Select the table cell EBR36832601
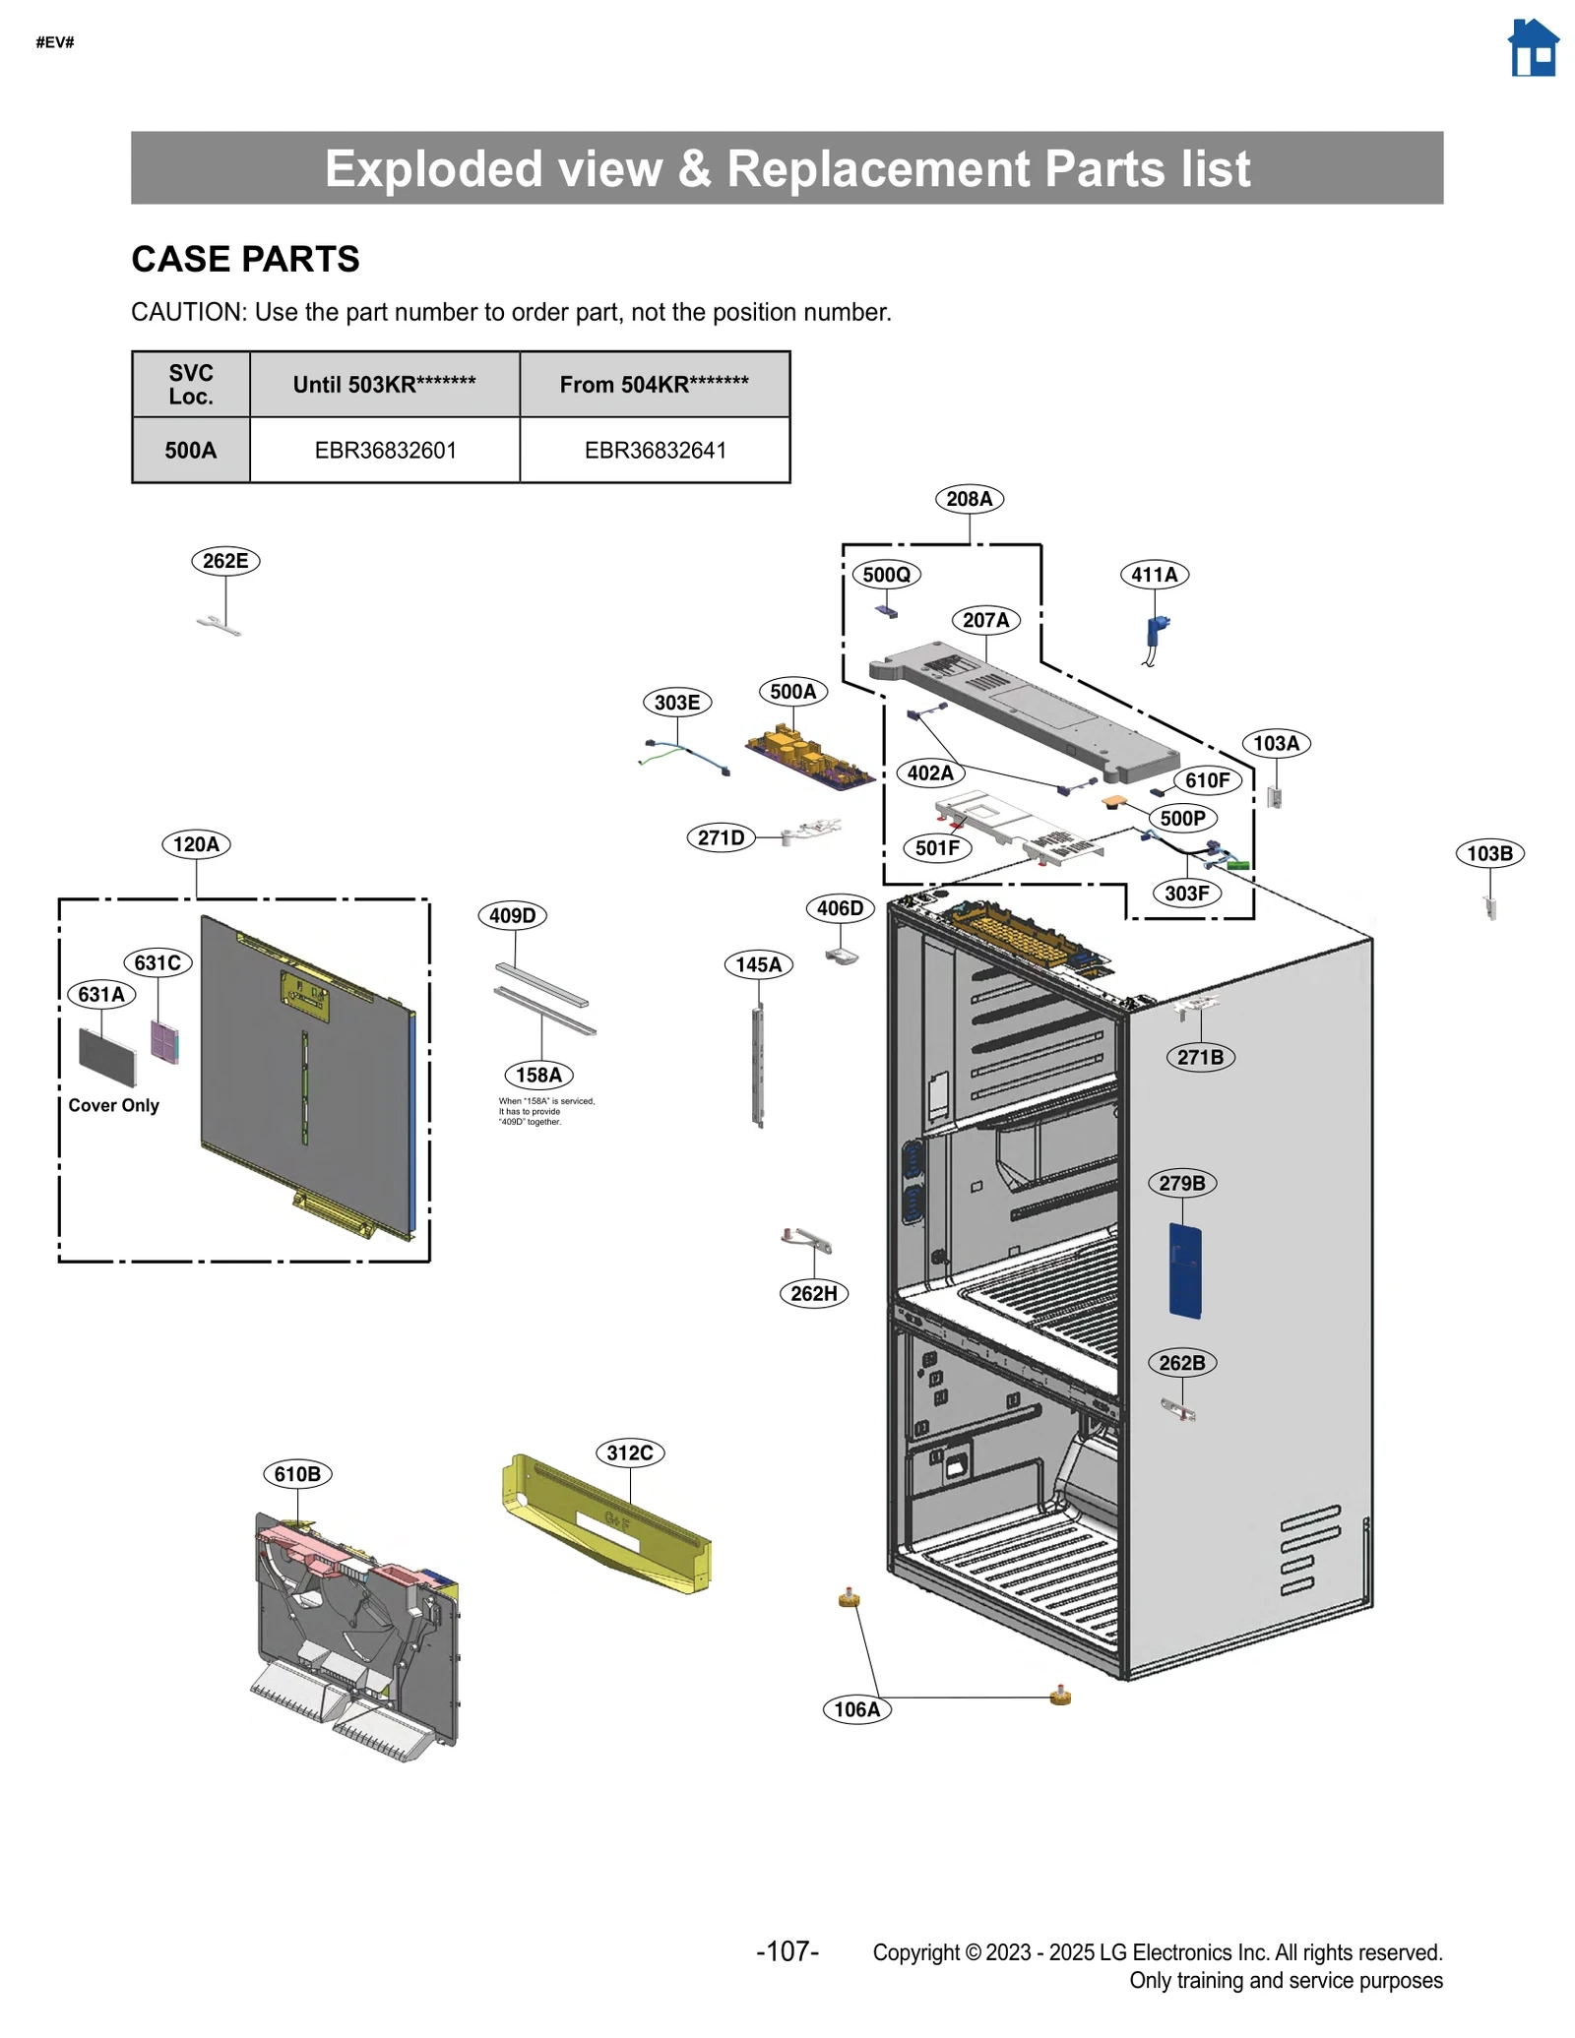[385, 450]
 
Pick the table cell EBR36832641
[655, 450]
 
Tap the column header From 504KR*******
[654, 384]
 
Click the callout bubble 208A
[969, 499]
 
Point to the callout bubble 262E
[225, 561]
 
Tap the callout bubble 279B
[1181, 1183]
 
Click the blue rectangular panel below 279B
[1185, 1269]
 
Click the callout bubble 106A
[856, 1709]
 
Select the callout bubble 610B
[297, 1474]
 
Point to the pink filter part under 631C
[164, 1041]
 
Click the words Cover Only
[113, 1105]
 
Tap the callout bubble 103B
[1489, 853]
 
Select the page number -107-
[787, 1951]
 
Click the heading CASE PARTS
[245, 259]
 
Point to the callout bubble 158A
[538, 1075]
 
